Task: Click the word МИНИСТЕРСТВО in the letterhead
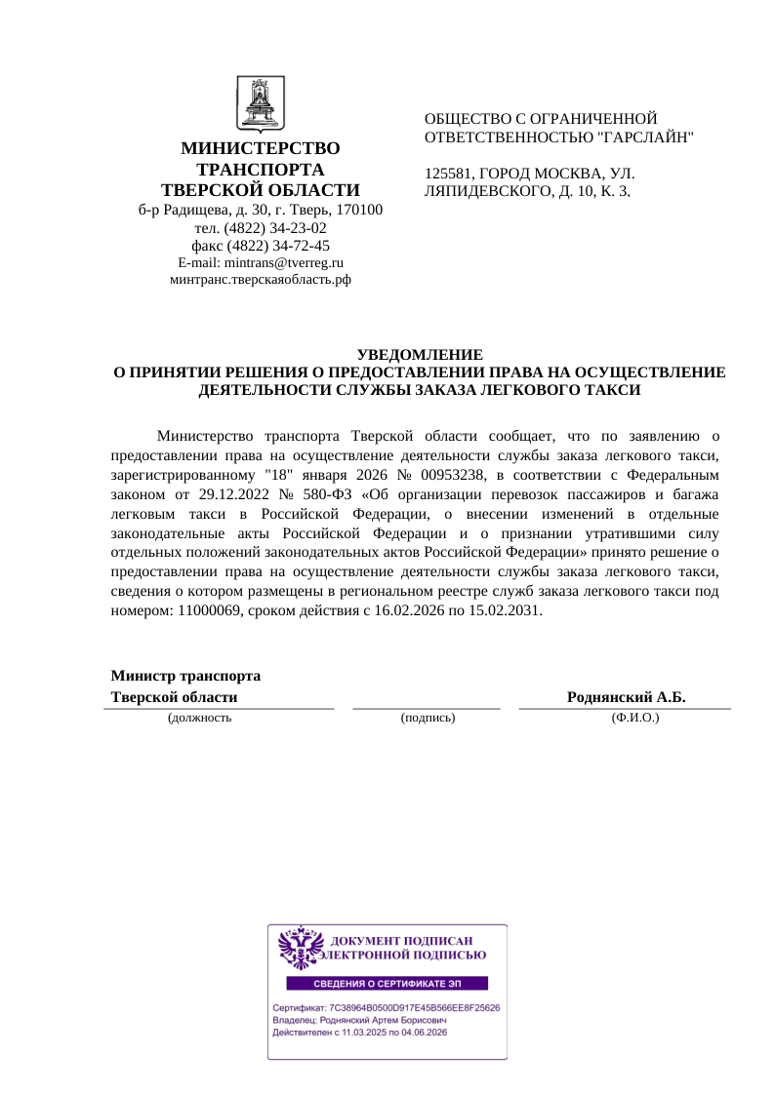[x=261, y=148]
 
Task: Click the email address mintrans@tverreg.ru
[x=284, y=262]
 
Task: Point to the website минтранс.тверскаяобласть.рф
[x=261, y=279]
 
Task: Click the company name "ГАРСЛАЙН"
[x=645, y=137]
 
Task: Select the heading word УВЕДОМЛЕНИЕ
[x=420, y=355]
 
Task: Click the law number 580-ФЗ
[x=313, y=494]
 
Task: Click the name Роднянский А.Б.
[x=627, y=697]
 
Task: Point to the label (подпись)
[x=428, y=718]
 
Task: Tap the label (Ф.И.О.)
[x=635, y=718]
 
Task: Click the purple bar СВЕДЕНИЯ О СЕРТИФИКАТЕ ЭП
[x=387, y=983]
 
